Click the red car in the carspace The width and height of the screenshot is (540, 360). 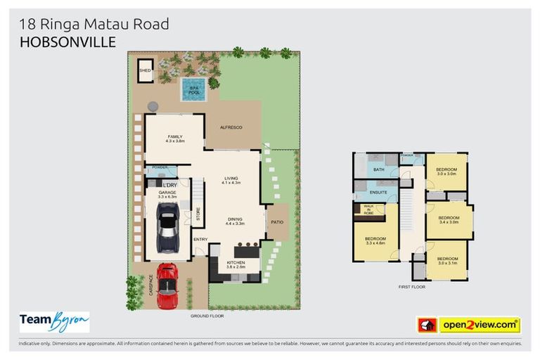[x=167, y=285]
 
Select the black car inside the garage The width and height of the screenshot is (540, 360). [x=167, y=229]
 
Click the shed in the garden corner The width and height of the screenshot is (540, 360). [x=146, y=70]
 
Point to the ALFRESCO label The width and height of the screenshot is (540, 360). [x=231, y=127]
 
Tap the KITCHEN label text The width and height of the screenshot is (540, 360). [x=236, y=264]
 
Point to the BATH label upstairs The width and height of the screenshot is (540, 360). [x=379, y=169]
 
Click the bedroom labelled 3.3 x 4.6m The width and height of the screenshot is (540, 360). [x=375, y=240]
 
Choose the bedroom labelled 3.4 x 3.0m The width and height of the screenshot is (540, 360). [x=449, y=219]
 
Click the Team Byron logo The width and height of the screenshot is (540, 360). [x=54, y=321]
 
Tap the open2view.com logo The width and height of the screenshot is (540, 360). [x=479, y=325]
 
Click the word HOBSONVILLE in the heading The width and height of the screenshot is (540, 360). [x=67, y=42]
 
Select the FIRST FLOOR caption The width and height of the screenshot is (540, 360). [x=412, y=287]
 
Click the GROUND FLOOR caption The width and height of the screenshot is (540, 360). [x=207, y=316]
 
